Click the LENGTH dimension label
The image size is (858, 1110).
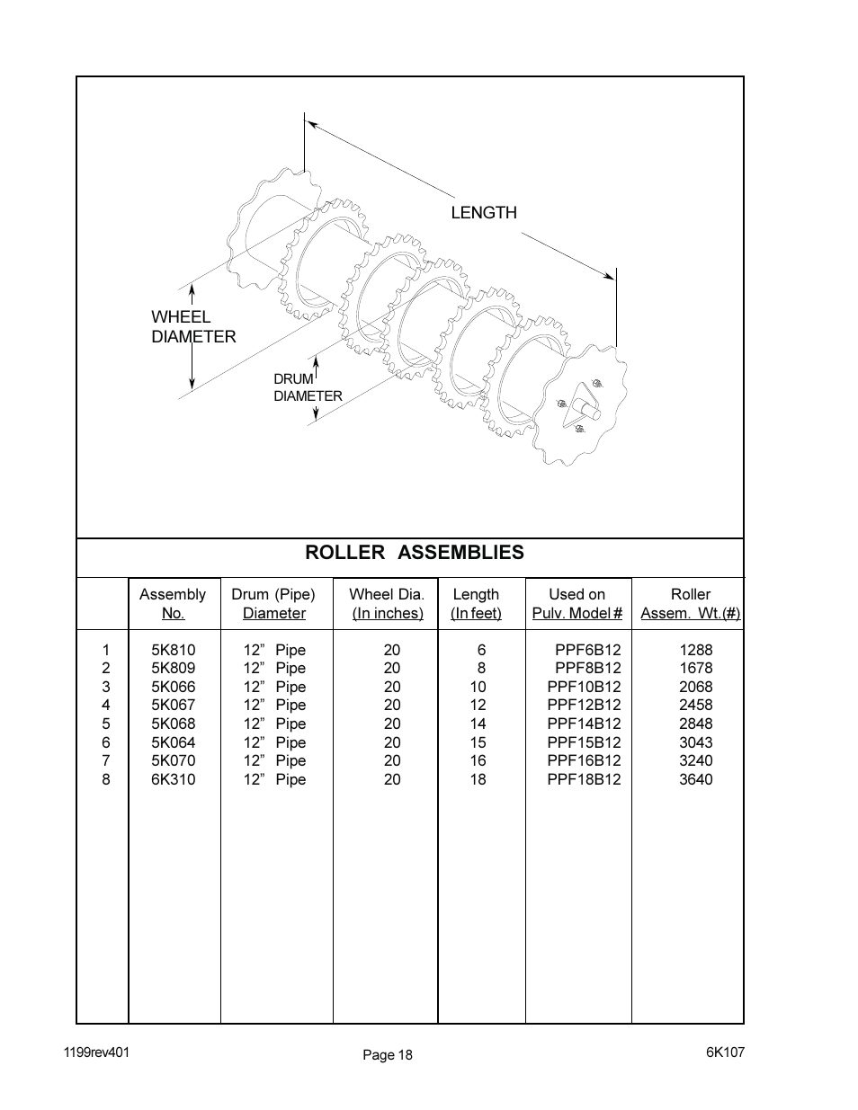(484, 213)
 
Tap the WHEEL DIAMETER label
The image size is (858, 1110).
(192, 327)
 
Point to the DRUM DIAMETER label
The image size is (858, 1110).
(308, 387)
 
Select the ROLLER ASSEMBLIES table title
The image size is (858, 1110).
(414, 553)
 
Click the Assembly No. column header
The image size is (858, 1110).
(173, 604)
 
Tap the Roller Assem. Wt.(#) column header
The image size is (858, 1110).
(690, 604)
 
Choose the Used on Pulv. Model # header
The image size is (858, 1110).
(576, 604)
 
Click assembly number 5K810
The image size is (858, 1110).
(173, 650)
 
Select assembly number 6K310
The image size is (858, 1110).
(173, 779)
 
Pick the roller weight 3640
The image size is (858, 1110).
(695, 779)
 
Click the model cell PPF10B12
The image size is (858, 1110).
(584, 687)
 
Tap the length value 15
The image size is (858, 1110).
(478, 742)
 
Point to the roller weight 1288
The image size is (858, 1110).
(695, 650)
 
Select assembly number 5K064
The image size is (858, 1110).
(173, 742)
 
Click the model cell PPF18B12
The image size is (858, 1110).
(584, 779)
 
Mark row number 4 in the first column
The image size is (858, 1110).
(106, 706)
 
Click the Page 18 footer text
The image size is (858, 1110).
(388, 1055)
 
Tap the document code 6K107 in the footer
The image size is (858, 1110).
(725, 1053)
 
